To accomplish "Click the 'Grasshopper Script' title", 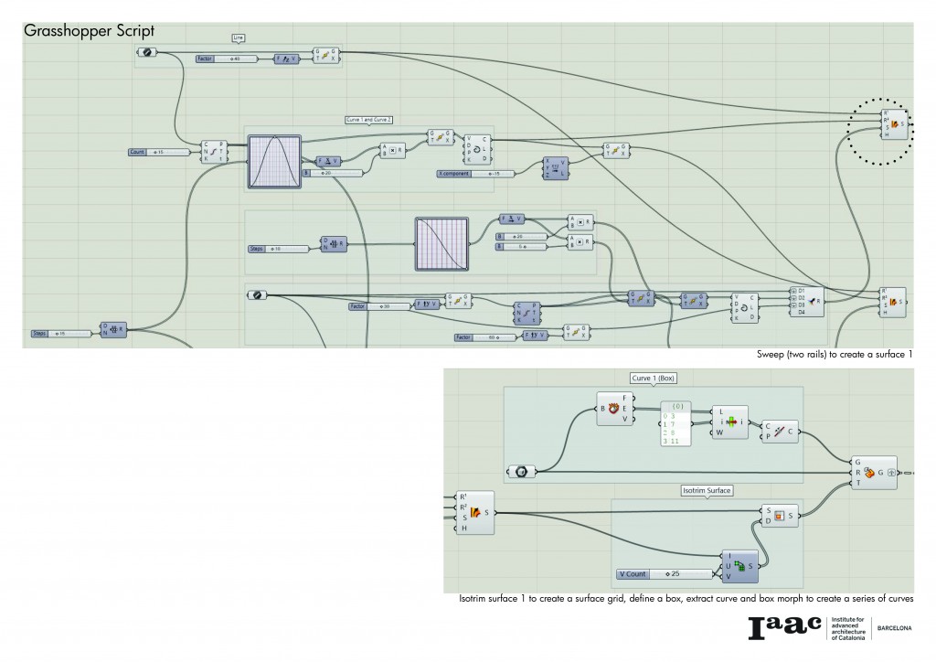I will (x=89, y=31).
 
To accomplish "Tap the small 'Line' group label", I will (x=238, y=37).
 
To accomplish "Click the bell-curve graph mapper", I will (x=274, y=162).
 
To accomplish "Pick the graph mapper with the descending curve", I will (x=441, y=243).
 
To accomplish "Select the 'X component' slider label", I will (x=455, y=173).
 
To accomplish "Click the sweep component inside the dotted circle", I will (x=895, y=123).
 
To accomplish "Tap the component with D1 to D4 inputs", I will (x=807, y=301).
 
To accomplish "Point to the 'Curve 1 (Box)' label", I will (x=653, y=378).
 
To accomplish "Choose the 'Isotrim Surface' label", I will (x=707, y=490).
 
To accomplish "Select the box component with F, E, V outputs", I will (x=614, y=409).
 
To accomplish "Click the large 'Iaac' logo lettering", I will (x=784, y=627).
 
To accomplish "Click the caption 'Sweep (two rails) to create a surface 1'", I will (x=835, y=354).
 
